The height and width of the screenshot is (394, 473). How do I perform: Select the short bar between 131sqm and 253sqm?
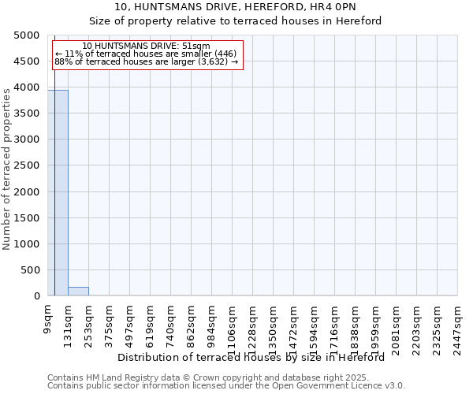coord(78,292)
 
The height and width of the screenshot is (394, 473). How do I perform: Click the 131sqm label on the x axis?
coord(69,323)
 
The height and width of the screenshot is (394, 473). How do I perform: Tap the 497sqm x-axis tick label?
coord(130,323)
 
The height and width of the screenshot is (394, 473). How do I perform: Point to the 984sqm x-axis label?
coord(212,323)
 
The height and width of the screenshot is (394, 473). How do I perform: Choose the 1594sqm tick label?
coord(315,325)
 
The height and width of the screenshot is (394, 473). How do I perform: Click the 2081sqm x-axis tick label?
coord(397,325)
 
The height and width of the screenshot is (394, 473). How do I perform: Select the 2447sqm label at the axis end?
coord(458,325)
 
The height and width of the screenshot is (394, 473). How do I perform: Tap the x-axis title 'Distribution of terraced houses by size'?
coord(255,357)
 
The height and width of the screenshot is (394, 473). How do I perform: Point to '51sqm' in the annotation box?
coord(196,46)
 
